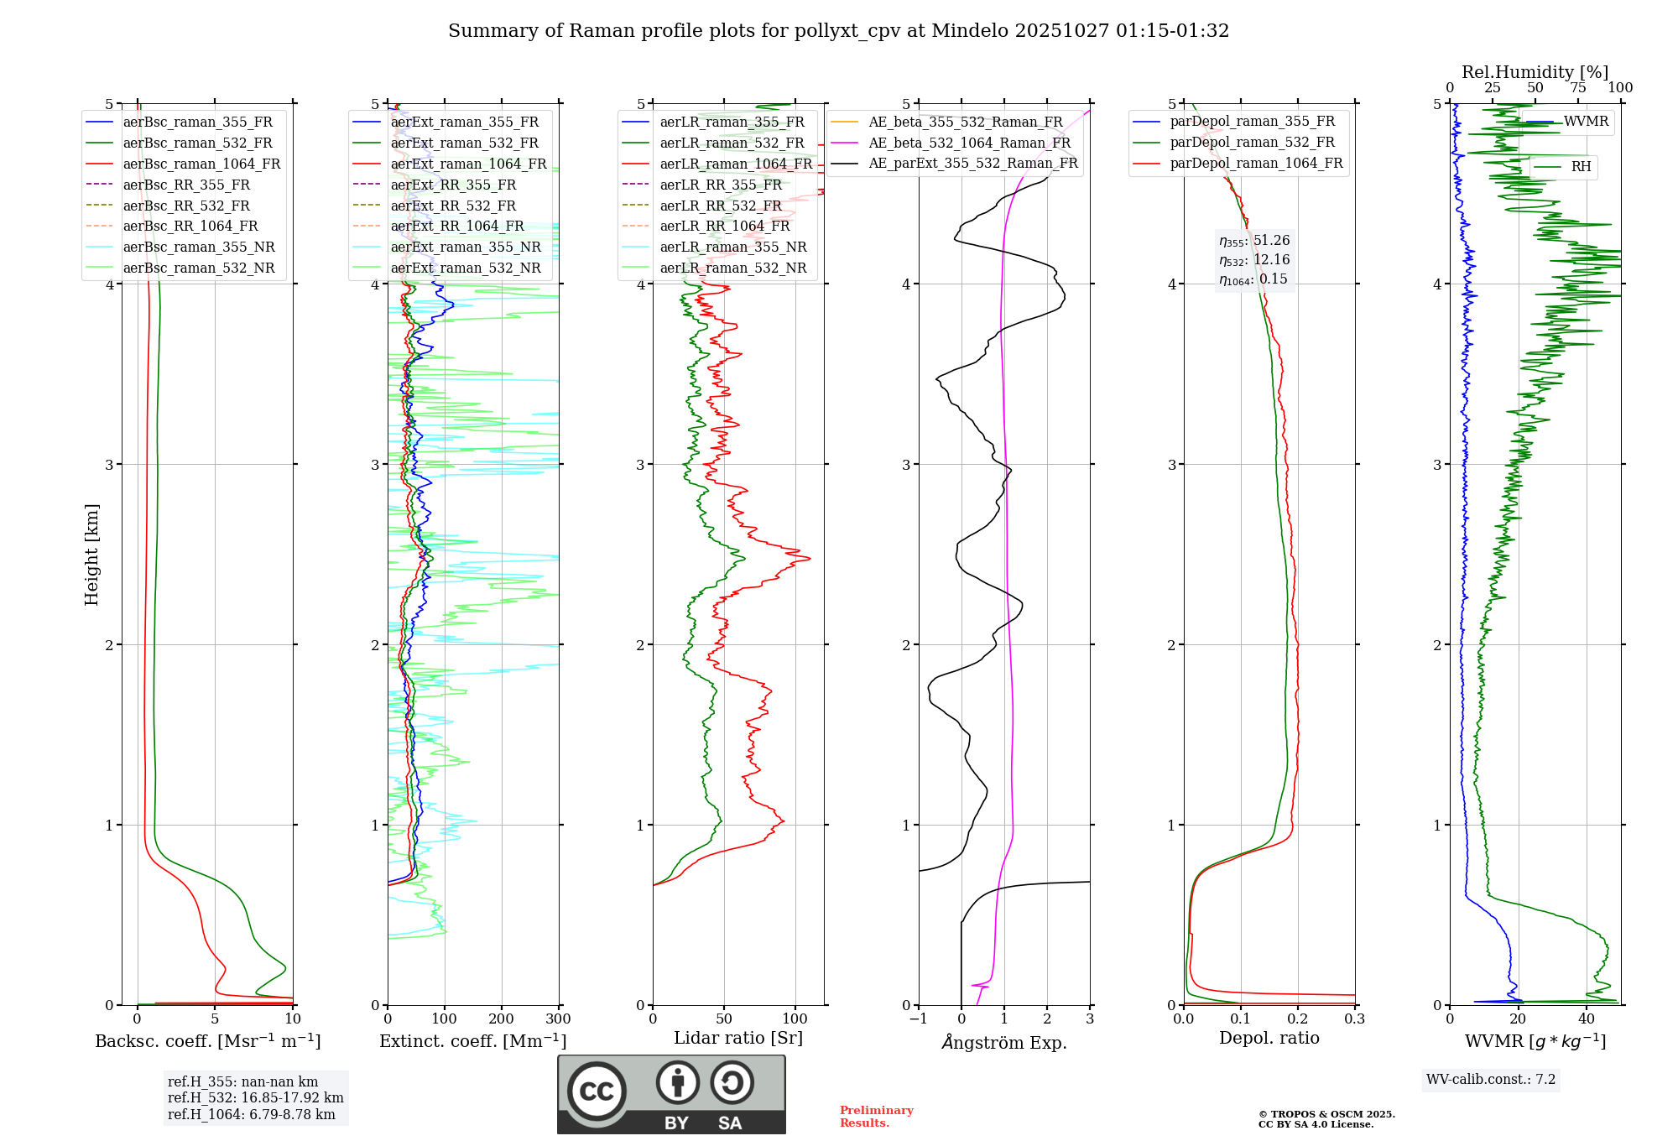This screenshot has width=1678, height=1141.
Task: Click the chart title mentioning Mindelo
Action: [838, 31]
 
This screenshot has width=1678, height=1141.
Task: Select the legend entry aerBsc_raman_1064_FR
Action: [201, 164]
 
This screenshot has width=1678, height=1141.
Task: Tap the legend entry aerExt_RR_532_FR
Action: [453, 206]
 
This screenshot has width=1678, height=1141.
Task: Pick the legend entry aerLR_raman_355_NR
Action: [732, 247]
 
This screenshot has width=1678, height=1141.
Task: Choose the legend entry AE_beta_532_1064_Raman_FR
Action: [969, 143]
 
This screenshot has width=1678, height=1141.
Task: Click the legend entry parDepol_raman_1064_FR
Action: [1256, 163]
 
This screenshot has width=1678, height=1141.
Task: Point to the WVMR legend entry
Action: [1586, 122]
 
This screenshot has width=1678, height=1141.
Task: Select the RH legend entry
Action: [1581, 167]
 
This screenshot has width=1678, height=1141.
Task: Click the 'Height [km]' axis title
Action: [91, 554]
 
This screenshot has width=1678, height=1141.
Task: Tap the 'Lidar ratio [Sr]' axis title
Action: [738, 1038]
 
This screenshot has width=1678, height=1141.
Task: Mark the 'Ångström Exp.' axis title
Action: [1004, 1042]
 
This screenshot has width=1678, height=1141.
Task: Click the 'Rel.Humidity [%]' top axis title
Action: [1535, 72]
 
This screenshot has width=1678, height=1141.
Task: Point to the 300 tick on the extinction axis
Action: [559, 1019]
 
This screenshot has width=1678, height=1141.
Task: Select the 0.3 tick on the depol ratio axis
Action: [1354, 1019]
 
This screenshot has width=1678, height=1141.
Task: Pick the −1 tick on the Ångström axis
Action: [918, 1019]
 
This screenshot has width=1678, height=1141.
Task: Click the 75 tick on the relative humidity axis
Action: [1578, 88]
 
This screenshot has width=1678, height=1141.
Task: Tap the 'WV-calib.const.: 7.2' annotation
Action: [1491, 1079]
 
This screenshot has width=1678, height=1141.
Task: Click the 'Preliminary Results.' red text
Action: [876, 1117]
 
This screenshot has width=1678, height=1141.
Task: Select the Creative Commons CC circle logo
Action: [597, 1091]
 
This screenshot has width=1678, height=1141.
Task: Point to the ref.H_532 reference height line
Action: [255, 1097]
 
